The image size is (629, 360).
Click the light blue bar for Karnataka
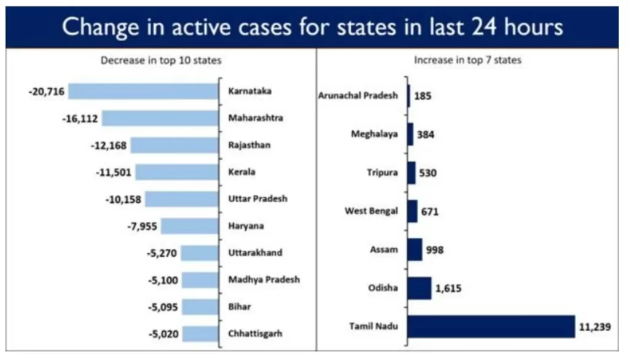point(144,91)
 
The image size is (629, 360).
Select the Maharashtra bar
point(161,118)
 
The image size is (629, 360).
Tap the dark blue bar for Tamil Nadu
point(491,326)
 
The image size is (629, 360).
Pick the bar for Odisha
point(420,288)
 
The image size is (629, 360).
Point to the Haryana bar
point(190,226)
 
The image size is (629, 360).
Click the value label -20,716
point(46,92)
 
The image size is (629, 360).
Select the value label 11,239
point(595,327)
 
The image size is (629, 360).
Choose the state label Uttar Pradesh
point(258,199)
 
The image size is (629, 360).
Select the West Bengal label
point(371,211)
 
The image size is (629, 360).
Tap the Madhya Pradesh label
point(264,280)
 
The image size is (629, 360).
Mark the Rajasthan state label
point(249,146)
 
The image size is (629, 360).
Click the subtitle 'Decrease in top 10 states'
point(161,60)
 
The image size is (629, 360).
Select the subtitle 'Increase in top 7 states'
point(467,60)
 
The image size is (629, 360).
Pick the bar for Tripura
point(412,173)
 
